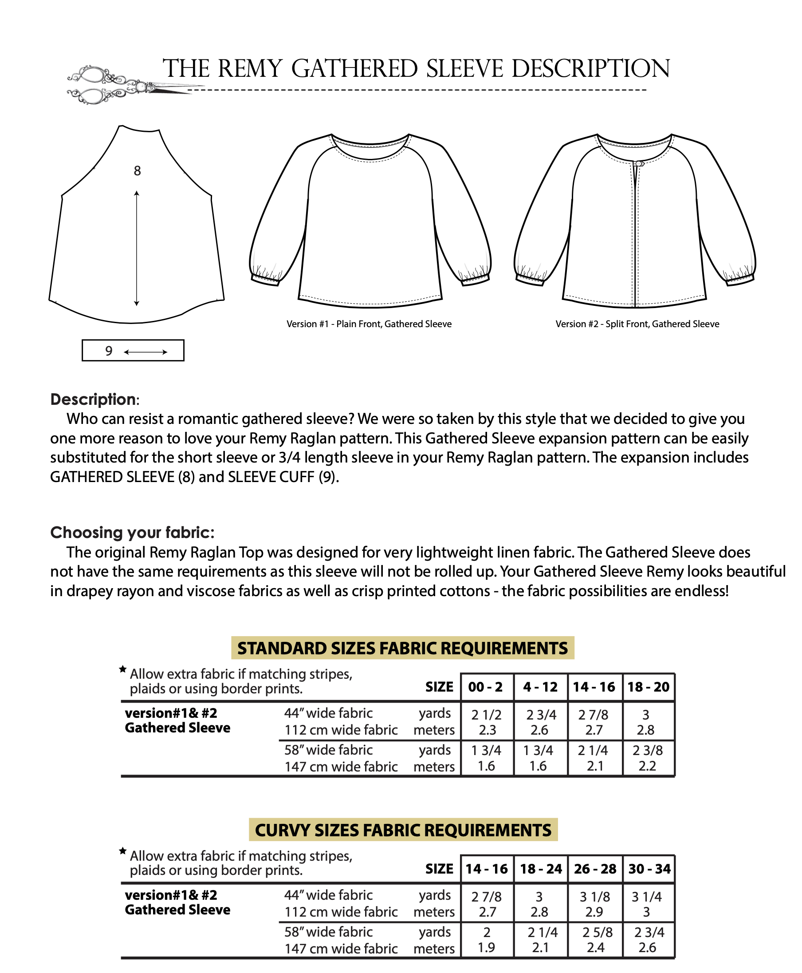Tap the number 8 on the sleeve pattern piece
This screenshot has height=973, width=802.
(x=137, y=171)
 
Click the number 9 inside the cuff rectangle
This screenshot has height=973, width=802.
(x=109, y=351)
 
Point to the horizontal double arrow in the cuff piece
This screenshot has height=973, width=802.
(x=145, y=352)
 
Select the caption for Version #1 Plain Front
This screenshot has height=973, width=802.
(x=369, y=324)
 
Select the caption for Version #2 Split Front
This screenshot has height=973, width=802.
(x=637, y=324)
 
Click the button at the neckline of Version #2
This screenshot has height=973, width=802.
(x=639, y=164)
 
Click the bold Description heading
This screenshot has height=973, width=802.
(x=93, y=399)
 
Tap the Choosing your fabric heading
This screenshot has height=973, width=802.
(x=132, y=533)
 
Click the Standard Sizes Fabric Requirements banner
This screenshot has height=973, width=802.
(x=402, y=648)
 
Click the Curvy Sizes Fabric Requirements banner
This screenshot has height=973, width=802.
(x=403, y=830)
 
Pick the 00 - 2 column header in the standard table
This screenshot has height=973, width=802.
(x=485, y=687)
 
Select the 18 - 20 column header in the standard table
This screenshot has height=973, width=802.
(x=648, y=687)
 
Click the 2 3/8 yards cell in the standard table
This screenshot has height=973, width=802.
(x=647, y=750)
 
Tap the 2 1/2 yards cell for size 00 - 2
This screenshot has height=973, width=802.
(x=486, y=715)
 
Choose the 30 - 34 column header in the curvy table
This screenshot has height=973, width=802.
(x=649, y=869)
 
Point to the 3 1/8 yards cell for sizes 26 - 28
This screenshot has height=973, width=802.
(x=594, y=897)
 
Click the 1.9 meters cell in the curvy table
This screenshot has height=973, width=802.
(x=486, y=948)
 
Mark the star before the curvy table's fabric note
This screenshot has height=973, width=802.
(x=122, y=850)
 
